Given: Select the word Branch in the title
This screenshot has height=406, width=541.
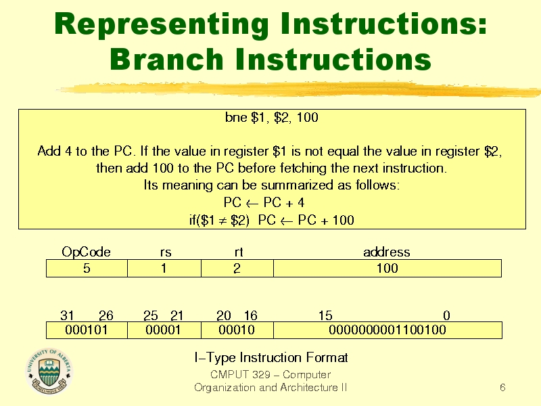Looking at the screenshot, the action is (x=167, y=60).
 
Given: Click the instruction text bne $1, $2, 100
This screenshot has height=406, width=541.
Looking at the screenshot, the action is (x=272, y=118).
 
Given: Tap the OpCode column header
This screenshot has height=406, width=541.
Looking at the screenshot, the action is (x=87, y=252).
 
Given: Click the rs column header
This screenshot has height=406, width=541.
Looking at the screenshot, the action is (x=166, y=252).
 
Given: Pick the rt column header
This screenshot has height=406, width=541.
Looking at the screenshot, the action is (x=239, y=252).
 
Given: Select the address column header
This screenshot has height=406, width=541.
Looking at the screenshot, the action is (x=386, y=252).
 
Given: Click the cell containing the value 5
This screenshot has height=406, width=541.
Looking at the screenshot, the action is (x=87, y=268).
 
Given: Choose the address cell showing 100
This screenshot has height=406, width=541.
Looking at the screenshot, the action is (x=387, y=268).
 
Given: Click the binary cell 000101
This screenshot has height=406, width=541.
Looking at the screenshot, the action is (x=87, y=330).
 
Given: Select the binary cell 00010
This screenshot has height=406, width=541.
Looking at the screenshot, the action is (x=237, y=330).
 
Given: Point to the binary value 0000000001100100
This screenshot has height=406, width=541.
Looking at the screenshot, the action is (x=387, y=330).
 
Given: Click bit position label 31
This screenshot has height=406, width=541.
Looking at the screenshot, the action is (x=67, y=315).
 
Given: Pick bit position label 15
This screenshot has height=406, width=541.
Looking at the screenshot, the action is (x=325, y=315).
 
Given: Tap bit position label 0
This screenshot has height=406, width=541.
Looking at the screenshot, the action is (x=446, y=315).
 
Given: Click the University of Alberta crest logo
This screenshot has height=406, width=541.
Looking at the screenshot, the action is (x=49, y=371).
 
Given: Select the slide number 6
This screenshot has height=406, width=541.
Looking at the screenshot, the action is (x=502, y=387).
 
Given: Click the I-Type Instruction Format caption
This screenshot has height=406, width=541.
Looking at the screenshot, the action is (x=271, y=358).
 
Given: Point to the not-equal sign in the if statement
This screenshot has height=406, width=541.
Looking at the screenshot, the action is (x=222, y=221).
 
